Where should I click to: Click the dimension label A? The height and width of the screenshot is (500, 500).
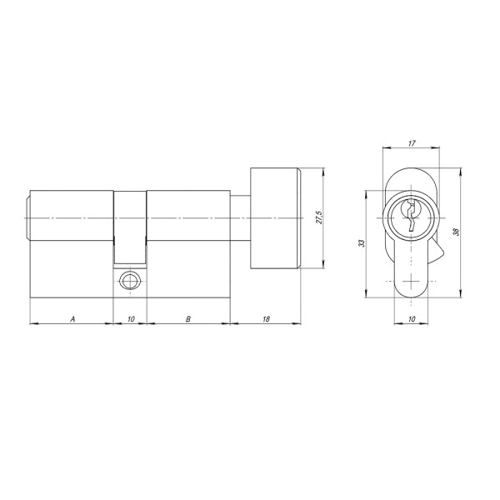[72, 318]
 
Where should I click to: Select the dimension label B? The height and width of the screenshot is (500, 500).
[188, 318]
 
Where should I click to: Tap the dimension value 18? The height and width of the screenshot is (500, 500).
[265, 318]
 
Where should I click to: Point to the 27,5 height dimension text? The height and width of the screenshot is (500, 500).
[318, 218]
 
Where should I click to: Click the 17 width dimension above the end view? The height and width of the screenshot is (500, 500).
[411, 144]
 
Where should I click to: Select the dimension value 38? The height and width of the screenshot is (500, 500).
[455, 232]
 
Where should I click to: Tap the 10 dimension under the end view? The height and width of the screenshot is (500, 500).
[411, 318]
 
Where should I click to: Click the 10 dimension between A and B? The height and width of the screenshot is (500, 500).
[130, 318]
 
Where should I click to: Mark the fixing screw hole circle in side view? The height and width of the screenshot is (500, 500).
[130, 281]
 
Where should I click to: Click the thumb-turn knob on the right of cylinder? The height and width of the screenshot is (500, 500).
[274, 218]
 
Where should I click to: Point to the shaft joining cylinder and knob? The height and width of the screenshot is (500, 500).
[240, 218]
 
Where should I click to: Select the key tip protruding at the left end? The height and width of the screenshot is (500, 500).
[28, 218]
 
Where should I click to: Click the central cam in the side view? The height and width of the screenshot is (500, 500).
[130, 225]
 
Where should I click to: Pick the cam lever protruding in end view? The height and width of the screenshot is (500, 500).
[437, 250]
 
